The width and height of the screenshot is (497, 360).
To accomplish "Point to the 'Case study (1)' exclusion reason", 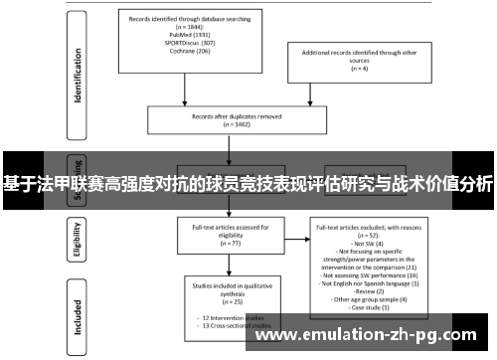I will point(371,307).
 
